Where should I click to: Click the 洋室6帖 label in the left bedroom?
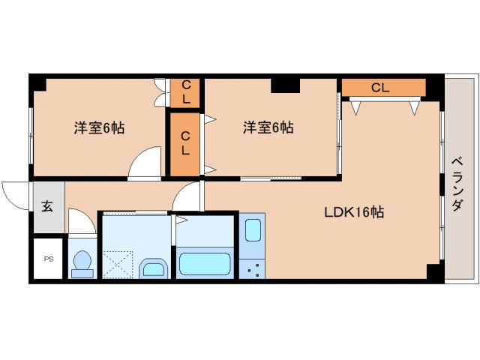pos(99,128)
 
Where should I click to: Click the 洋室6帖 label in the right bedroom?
pos(268,128)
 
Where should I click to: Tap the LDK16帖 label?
pos(354,212)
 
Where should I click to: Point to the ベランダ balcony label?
pos(456,184)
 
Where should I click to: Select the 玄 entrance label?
pos(47,206)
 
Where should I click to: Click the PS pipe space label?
pos(49,259)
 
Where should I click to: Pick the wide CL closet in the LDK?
pos(381,88)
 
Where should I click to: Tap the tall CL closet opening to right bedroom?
pos(184,143)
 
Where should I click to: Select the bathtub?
pos(203,264)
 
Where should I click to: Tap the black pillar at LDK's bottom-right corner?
pos(433,271)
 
